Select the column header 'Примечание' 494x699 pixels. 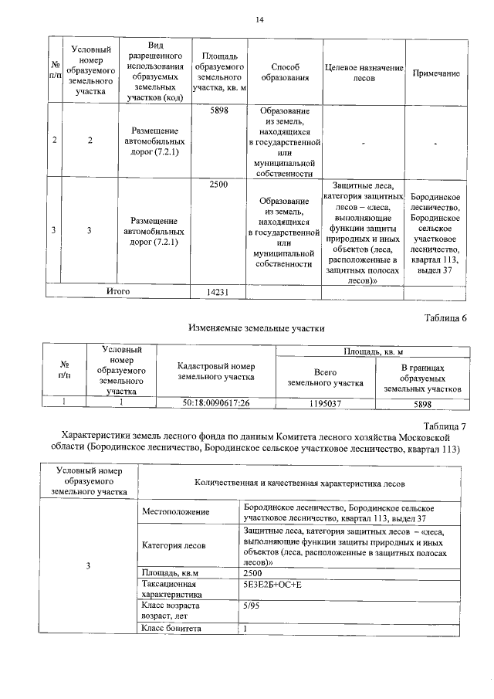436,73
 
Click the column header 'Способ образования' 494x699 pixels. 281,73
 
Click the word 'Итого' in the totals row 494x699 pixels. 118,291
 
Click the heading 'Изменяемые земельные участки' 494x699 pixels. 255,327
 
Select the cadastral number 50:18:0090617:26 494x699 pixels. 215,402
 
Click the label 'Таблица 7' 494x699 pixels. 446,426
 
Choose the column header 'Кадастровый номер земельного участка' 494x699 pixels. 215,371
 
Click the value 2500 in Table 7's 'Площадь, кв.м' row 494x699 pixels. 252,572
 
